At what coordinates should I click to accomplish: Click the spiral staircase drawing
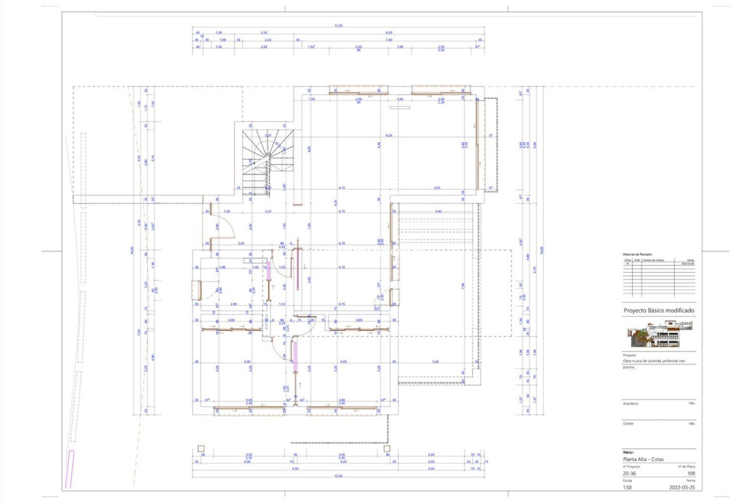point(268,161)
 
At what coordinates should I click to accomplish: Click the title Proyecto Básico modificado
point(659,310)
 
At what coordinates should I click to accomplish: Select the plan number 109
point(691,473)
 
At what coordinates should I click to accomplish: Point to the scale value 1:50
point(627,487)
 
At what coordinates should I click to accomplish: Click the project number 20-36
point(629,473)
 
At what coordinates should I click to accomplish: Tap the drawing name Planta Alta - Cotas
point(643,459)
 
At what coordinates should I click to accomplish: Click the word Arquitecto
point(630,403)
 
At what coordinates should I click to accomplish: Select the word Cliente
point(628,424)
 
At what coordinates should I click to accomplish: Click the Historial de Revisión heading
point(637,255)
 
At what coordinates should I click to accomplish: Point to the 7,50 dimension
point(389,40)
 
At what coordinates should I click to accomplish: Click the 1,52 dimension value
point(311,47)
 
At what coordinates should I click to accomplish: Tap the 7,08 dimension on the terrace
point(463,286)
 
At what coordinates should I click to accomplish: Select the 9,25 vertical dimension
point(335,203)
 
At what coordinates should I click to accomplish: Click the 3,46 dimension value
point(438,211)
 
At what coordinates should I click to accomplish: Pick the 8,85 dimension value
point(295,469)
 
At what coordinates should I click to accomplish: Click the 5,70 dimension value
point(535,270)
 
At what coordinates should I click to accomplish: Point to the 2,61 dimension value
point(242,244)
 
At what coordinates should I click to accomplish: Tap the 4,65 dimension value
point(309,149)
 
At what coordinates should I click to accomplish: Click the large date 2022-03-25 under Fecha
point(682,487)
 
